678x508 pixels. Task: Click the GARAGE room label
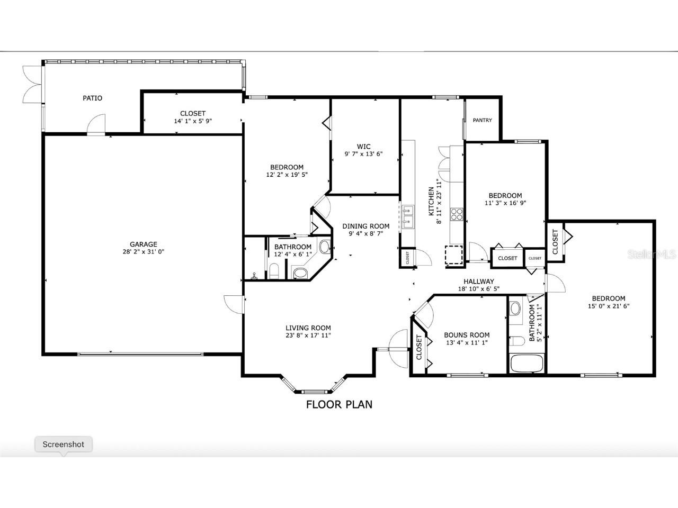[x=144, y=244]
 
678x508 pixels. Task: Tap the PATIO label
[x=92, y=98]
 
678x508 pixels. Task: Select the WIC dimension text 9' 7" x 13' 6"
[x=363, y=155]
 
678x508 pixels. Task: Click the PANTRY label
[x=482, y=120]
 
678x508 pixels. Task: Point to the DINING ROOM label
[x=365, y=226]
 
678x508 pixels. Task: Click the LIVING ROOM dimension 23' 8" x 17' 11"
[x=308, y=335]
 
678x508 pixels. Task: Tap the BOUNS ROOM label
[x=467, y=335]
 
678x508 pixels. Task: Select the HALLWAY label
[x=478, y=282]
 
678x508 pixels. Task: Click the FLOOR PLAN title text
[x=339, y=405]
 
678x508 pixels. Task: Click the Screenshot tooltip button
[x=64, y=444]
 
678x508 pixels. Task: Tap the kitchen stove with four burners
[x=456, y=214]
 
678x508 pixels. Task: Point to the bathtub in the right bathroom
[x=526, y=364]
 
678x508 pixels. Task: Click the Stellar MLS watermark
[x=652, y=255]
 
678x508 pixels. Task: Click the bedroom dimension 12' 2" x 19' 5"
[x=287, y=174]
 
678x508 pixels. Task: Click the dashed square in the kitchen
[x=453, y=255]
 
